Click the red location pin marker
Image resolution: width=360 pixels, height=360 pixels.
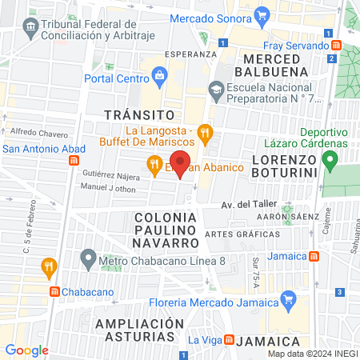tap(181, 163)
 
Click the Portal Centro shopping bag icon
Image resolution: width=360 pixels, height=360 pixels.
tap(160, 77)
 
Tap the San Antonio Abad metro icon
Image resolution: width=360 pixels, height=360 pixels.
tap(74, 159)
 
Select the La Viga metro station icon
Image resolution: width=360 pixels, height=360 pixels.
tap(228, 340)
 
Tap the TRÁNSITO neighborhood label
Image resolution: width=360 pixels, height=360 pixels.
tap(139, 115)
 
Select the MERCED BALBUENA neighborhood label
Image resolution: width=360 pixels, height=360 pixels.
tap(276, 66)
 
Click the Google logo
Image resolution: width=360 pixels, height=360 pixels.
tap(26, 350)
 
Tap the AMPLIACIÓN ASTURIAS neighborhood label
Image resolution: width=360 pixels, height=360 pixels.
tap(135, 330)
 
